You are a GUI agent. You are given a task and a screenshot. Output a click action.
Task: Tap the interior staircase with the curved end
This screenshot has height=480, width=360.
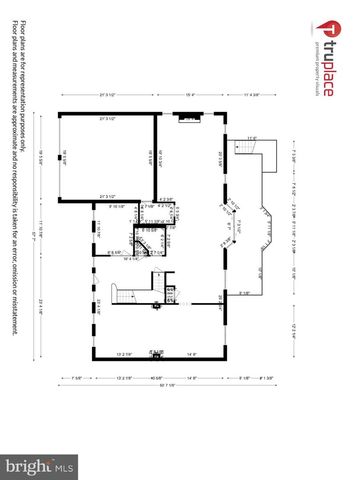click(x=120, y=297)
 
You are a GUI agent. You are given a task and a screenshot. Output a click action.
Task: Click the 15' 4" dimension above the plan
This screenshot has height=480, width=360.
click(x=190, y=96)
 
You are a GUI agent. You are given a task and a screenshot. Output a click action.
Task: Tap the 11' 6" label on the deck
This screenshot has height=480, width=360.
click(x=251, y=138)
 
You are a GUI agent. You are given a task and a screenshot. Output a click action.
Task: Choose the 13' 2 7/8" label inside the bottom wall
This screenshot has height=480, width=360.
click(x=124, y=352)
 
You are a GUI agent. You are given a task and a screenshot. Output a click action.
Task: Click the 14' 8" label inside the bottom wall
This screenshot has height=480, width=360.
click(x=191, y=352)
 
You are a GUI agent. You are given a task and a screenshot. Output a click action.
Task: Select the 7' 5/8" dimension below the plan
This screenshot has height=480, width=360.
click(x=78, y=377)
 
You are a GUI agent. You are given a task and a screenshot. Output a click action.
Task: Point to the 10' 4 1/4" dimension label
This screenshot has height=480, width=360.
click(x=130, y=259)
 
